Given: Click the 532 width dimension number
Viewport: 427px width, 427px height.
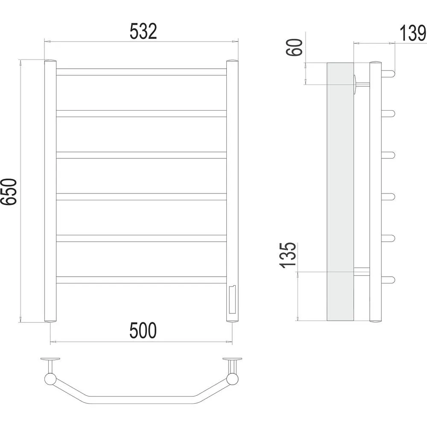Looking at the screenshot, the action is pyautogui.click(x=143, y=31).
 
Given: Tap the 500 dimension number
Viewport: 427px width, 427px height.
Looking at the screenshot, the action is pyautogui.click(x=143, y=330).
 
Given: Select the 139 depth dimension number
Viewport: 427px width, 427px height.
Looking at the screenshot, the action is pyautogui.click(x=413, y=33).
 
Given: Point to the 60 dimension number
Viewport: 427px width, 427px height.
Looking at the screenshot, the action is pyautogui.click(x=294, y=47).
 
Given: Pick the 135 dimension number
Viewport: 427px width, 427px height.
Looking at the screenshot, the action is pyautogui.click(x=287, y=255).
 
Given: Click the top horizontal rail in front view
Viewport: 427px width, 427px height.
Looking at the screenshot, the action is pyautogui.click(x=141, y=72).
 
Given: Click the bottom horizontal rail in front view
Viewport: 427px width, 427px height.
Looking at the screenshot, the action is pyautogui.click(x=141, y=280).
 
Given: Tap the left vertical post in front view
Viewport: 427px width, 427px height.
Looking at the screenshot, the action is pyautogui.click(x=50, y=191).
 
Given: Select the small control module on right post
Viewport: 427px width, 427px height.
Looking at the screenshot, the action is pyautogui.click(x=232, y=299).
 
